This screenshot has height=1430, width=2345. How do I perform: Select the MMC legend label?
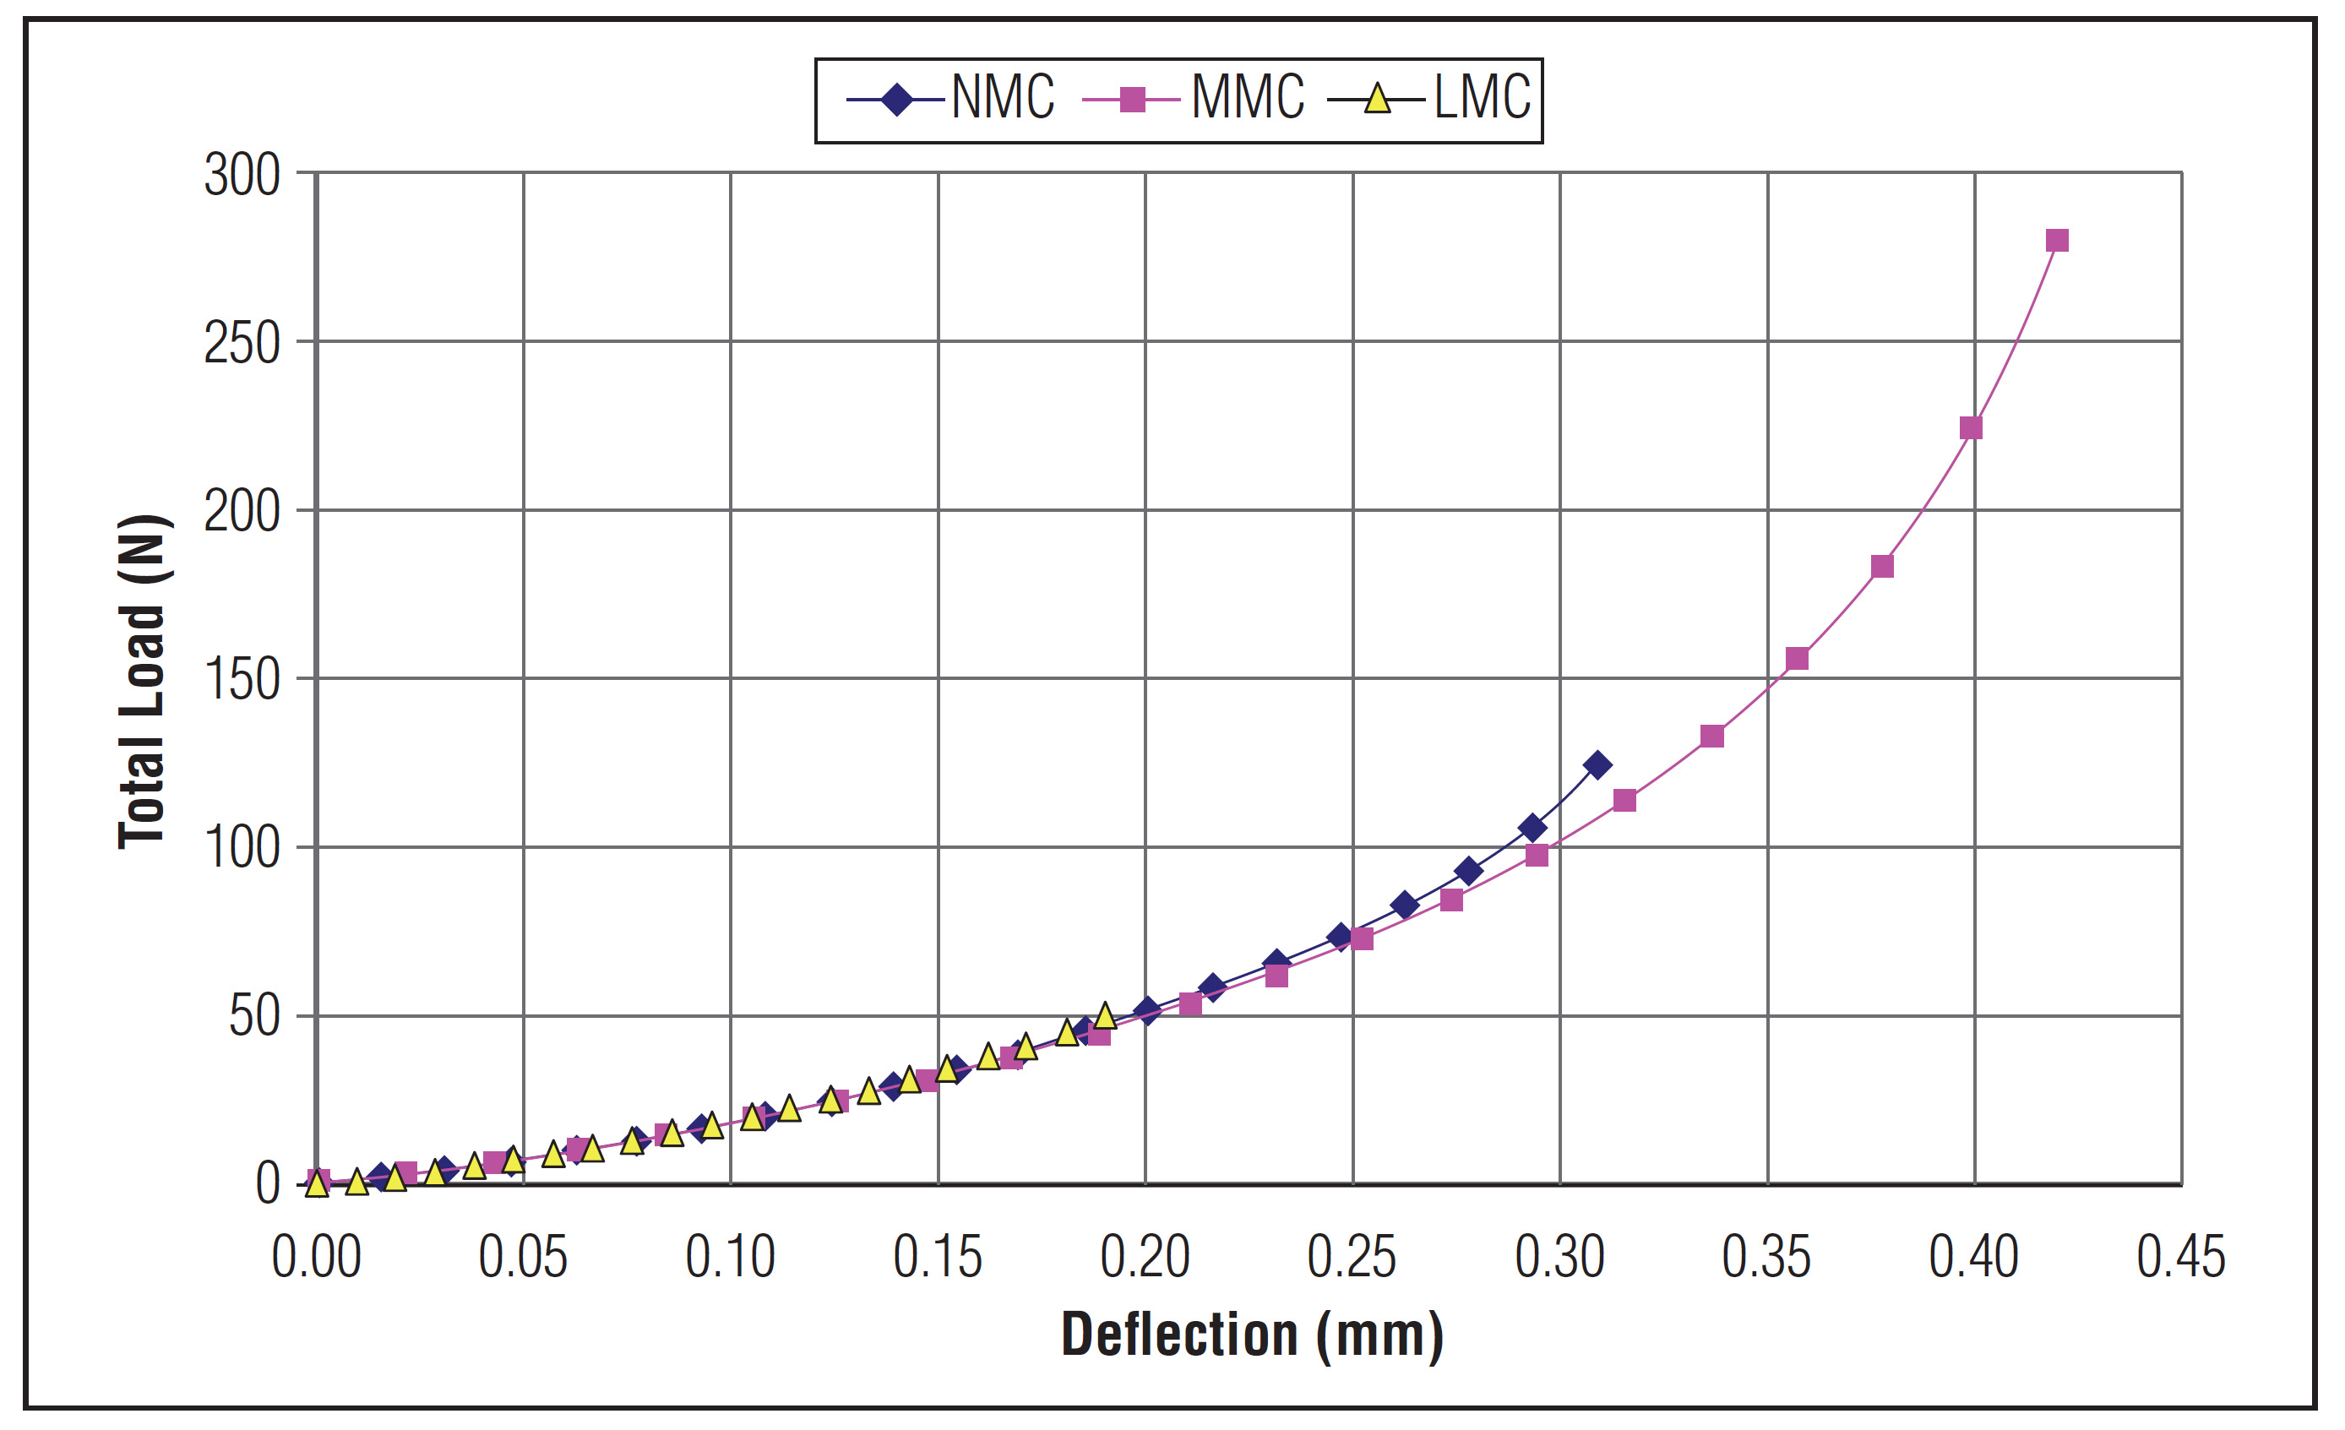[x=1247, y=98]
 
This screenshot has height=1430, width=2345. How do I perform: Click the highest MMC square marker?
[x=2057, y=241]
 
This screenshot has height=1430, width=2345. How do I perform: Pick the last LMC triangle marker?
[x=1104, y=1016]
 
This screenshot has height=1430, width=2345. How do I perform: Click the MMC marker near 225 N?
[x=1971, y=428]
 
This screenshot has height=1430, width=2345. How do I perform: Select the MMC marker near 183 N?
[x=1881, y=567]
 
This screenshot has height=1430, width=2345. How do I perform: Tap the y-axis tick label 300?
[x=242, y=176]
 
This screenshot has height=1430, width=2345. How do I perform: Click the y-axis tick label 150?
[x=242, y=682]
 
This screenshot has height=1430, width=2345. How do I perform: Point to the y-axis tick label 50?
[x=254, y=1017]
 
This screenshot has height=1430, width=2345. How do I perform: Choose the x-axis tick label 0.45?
[x=2180, y=1258]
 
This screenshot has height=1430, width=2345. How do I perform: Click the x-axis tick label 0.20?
[x=1145, y=1258]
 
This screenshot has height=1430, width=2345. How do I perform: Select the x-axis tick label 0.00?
[x=316, y=1258]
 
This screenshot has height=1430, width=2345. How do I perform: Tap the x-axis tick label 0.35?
[x=1766, y=1258]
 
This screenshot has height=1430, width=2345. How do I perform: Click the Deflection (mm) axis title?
[x=1252, y=1335]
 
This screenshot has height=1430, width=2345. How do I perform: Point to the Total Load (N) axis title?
[x=143, y=682]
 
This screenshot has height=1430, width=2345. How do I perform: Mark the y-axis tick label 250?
[x=242, y=345]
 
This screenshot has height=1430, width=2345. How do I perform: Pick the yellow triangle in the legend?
[x=1376, y=99]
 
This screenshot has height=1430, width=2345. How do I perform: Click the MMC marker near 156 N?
[x=1797, y=658]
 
